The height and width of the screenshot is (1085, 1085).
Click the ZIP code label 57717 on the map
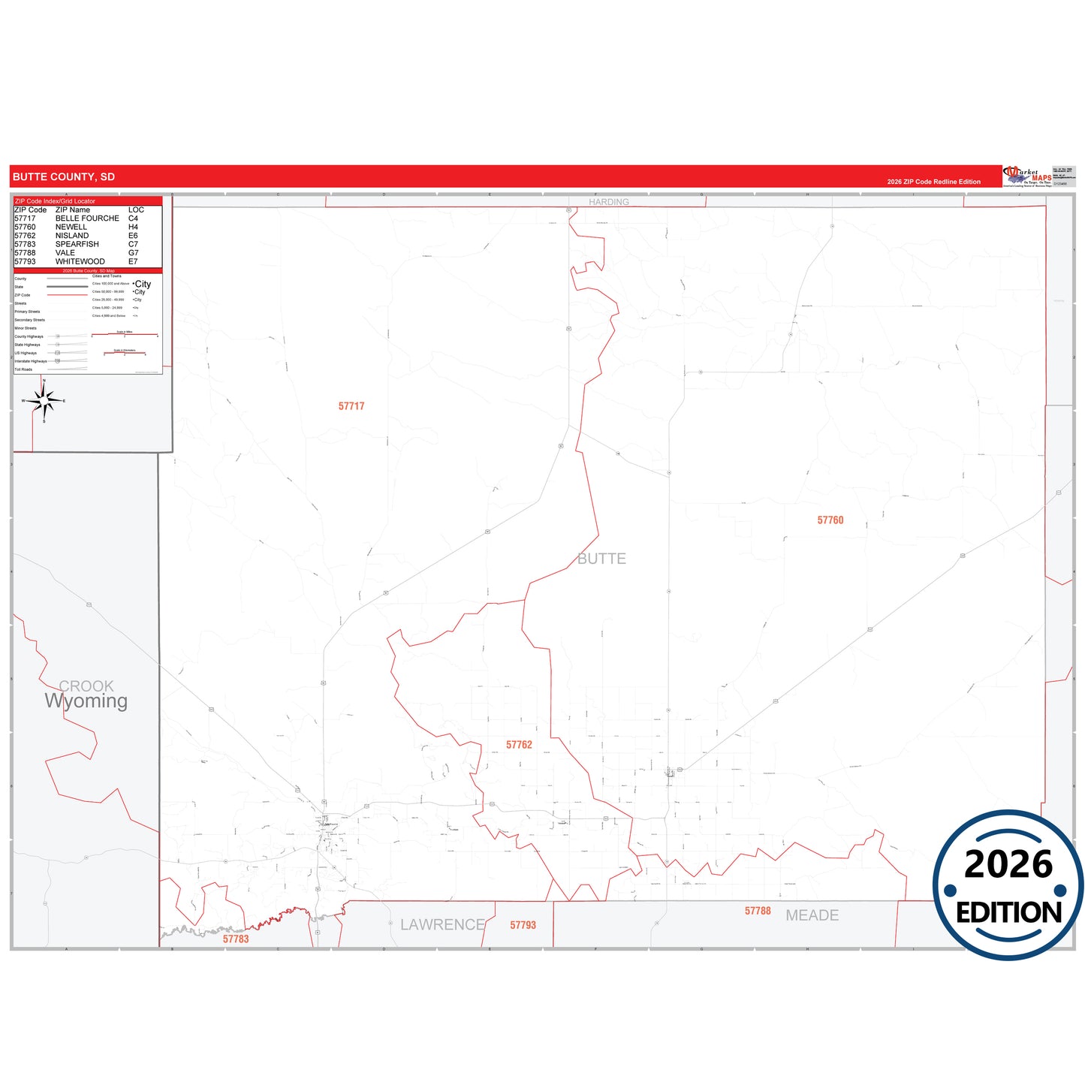point(351,406)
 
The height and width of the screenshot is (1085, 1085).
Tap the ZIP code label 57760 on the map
point(830,520)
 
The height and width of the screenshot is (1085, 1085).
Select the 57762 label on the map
point(519,745)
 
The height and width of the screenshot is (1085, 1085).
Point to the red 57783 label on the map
point(236,939)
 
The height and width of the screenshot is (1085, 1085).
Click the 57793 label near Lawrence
point(523,925)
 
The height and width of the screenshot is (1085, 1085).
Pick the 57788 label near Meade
point(758,911)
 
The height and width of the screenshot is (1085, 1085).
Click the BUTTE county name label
point(601,559)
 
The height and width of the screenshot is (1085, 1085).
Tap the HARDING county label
point(609,202)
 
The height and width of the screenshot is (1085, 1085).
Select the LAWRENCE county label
point(442,925)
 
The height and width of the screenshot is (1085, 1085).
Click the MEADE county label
point(812,915)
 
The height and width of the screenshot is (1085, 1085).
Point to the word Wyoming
point(86,701)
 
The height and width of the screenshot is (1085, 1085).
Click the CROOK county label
point(86,686)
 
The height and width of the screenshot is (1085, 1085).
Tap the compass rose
point(44,402)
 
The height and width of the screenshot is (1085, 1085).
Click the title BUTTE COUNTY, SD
point(64,177)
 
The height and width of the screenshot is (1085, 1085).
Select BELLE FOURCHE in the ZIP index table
point(87,219)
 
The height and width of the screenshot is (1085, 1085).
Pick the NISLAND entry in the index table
point(72,236)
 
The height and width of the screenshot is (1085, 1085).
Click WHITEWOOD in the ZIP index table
point(80,261)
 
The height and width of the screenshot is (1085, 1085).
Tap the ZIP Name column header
point(73,210)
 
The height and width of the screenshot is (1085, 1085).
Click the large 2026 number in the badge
point(1008,864)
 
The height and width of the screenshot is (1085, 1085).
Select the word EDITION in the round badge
point(1008,913)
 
